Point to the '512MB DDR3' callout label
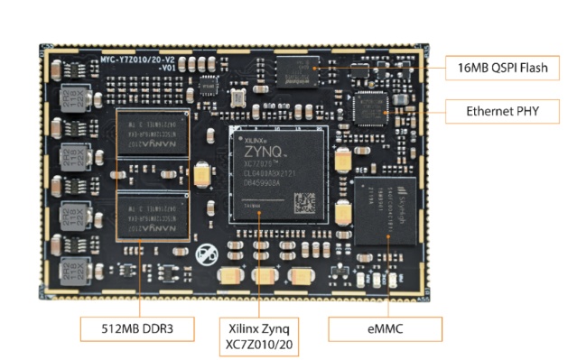[x=139, y=328]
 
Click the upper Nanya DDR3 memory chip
[x=153, y=135]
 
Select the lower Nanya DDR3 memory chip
[x=153, y=217]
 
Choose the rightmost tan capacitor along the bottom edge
[x=301, y=277]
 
